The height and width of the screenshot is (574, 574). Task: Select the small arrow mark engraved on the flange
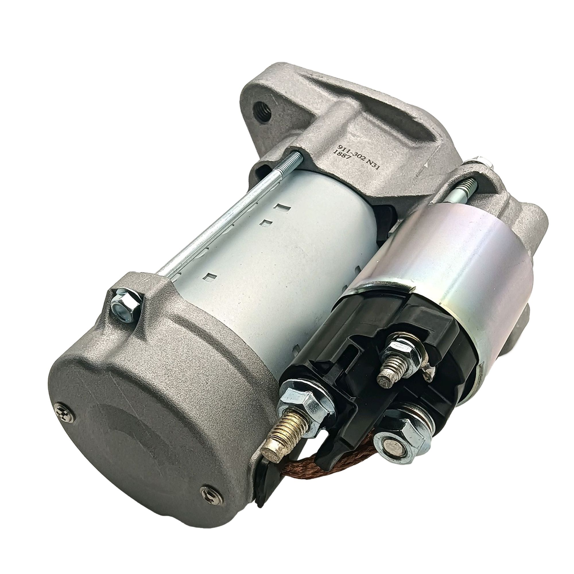tap(428, 163)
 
